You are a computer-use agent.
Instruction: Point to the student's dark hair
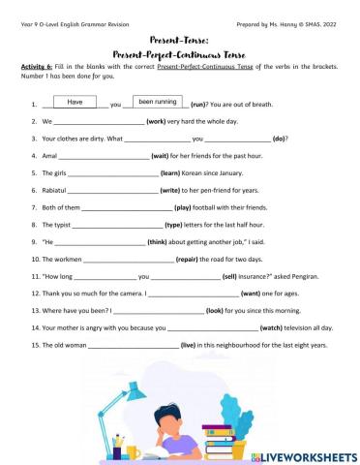coord(183,406)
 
